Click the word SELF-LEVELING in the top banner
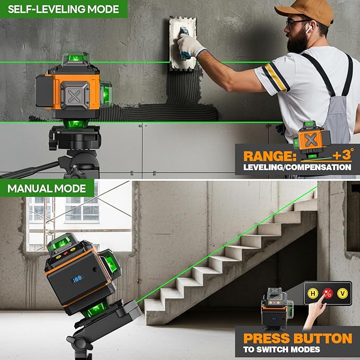click(x=40, y=9)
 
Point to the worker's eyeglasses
click(x=295, y=24)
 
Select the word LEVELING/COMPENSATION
click(x=297, y=168)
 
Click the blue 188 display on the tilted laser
click(x=78, y=278)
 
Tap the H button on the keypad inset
click(x=313, y=293)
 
